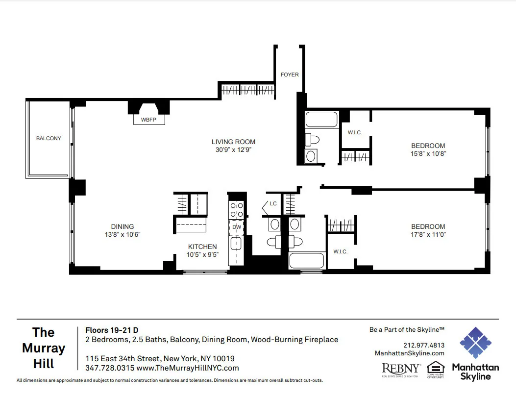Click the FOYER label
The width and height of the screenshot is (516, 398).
coord(289,75)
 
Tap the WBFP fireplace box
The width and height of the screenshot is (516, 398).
coord(148,120)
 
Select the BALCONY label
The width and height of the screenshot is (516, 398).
coord(49,138)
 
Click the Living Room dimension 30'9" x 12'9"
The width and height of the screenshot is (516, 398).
coord(234,149)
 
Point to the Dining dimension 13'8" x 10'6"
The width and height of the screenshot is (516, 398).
coord(123,234)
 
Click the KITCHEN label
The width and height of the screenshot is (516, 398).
coord(202,247)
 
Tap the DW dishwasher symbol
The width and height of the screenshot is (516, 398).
coord(237,227)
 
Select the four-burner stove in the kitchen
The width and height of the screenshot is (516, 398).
coord(237,210)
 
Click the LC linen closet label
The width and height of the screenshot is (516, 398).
coord(273,203)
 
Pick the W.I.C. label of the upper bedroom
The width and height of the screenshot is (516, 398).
coord(354,132)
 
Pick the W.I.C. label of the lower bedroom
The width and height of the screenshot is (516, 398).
coord(340,251)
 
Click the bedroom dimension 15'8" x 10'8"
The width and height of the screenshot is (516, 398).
coord(428,153)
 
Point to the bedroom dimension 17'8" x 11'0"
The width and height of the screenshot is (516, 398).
coord(428,234)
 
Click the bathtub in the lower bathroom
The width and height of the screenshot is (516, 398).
coord(307,260)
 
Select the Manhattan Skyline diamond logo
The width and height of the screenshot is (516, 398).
coord(475,343)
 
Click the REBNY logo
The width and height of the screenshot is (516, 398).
coord(401,369)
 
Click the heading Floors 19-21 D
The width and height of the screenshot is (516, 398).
coord(112,330)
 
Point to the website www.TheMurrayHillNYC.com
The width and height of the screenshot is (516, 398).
coord(188,368)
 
